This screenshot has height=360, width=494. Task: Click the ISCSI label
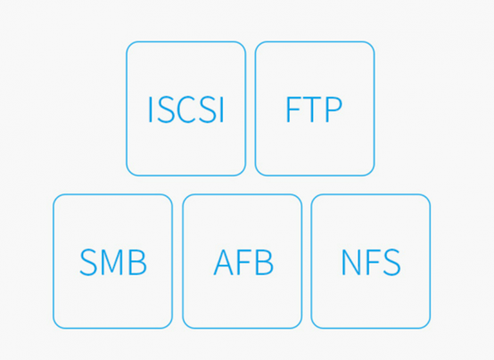(x=185, y=110)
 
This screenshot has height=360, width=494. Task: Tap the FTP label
(x=314, y=110)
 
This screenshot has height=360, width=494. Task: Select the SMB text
(x=113, y=262)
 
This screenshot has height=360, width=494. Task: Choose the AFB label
(x=243, y=262)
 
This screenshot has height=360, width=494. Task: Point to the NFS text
(x=371, y=262)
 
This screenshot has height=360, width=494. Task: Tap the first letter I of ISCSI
(x=150, y=110)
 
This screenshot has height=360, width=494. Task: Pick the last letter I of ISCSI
(x=221, y=110)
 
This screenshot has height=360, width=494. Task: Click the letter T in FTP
(x=313, y=110)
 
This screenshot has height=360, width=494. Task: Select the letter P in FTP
(x=333, y=110)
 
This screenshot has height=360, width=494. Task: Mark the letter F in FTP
(x=293, y=110)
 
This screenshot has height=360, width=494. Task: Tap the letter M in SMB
(x=112, y=262)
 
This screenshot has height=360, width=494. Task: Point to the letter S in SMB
(x=88, y=262)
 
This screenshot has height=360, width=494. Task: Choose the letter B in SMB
(x=138, y=262)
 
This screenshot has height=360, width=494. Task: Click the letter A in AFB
(x=225, y=262)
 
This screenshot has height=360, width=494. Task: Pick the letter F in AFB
(x=245, y=262)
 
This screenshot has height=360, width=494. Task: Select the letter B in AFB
(x=264, y=262)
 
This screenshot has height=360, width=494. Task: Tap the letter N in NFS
(x=351, y=262)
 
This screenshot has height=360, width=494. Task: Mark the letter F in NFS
(x=372, y=262)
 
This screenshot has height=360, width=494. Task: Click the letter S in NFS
(x=391, y=262)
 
